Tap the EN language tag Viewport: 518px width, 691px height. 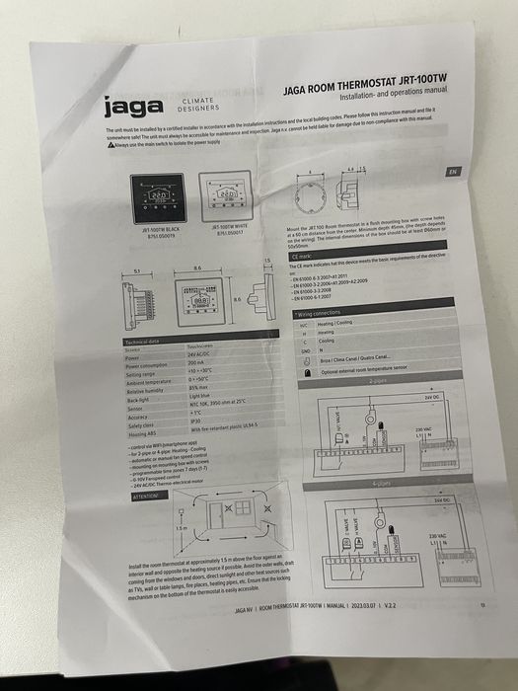453,171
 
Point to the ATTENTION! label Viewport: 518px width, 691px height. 144,496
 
